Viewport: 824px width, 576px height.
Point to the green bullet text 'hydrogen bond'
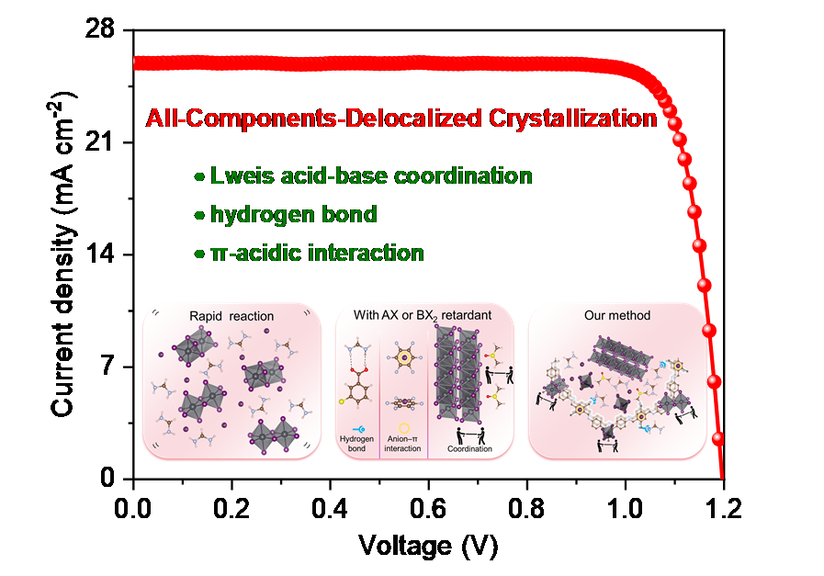point(293,215)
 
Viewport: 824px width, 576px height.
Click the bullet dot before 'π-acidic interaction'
point(199,254)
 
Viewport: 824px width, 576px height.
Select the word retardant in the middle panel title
point(465,315)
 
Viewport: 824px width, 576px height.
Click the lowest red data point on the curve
point(718,437)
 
